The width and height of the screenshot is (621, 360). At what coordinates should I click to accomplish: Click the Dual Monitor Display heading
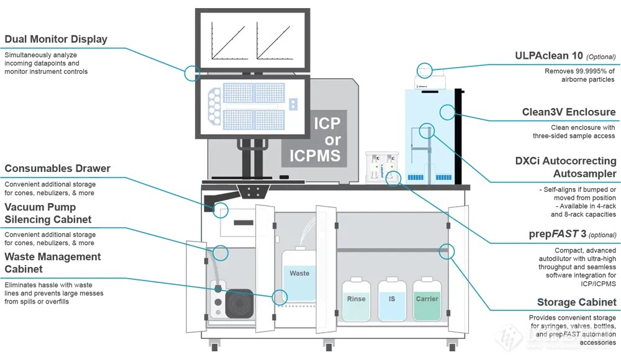click(x=56, y=39)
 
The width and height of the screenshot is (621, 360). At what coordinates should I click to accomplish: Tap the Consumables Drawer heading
click(x=57, y=168)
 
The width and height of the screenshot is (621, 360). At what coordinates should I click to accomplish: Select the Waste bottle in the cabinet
click(x=299, y=274)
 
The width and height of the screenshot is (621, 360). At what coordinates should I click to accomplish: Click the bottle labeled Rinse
click(x=356, y=299)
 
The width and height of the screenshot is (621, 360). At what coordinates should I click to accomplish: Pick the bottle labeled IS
click(x=392, y=299)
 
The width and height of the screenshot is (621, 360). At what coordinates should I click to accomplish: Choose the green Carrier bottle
click(x=427, y=299)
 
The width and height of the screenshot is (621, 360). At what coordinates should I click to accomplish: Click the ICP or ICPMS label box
click(x=314, y=139)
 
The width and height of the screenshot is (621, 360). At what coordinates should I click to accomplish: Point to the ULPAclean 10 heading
click(x=549, y=56)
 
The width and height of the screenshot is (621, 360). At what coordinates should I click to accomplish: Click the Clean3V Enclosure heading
click(x=569, y=112)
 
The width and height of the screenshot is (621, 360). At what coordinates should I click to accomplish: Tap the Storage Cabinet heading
click(x=577, y=302)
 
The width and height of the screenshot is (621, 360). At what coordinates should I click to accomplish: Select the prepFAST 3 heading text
click(x=558, y=234)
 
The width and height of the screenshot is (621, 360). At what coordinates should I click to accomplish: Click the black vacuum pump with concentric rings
click(x=239, y=304)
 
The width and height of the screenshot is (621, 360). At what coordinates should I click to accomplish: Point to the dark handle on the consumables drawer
click(x=243, y=223)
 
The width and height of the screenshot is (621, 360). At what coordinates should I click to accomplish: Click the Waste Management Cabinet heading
click(x=53, y=263)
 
